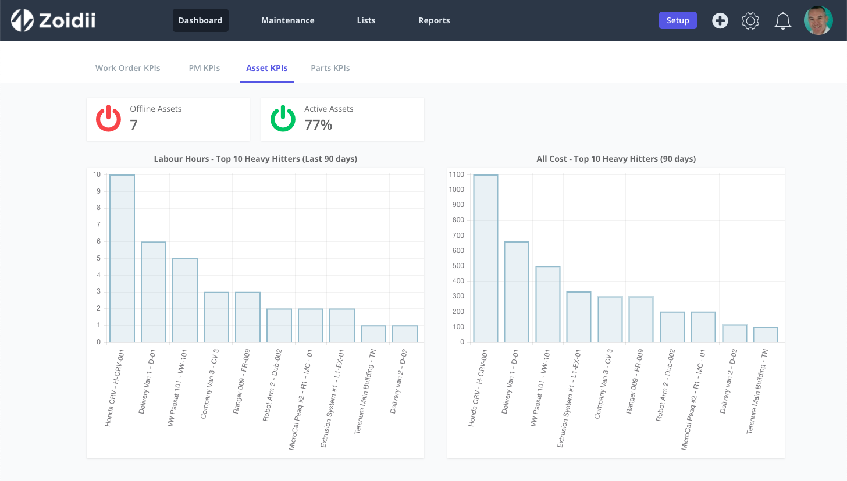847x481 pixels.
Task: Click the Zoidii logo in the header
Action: [53, 20]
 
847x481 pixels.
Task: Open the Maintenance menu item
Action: [288, 20]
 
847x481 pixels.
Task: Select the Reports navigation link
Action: [434, 20]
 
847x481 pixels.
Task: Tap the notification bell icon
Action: [783, 21]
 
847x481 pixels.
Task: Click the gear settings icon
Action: [750, 21]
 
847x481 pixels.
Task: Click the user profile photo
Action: [818, 20]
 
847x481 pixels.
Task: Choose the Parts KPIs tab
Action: [330, 68]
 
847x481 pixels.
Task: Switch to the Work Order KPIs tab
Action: [128, 68]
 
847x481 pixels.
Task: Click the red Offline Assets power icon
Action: [108, 118]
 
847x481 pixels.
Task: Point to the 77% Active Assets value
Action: [318, 125]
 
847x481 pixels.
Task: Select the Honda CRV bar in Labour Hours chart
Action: [122, 259]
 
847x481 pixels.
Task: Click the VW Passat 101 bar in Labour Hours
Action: [185, 301]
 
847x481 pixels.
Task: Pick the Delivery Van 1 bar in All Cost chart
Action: [517, 292]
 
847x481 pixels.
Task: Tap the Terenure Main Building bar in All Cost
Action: [766, 334]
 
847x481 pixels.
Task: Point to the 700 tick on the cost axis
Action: [458, 235]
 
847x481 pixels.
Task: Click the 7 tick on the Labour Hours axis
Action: [98, 225]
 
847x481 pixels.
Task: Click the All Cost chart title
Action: [616, 159]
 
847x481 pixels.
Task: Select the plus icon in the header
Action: [720, 20]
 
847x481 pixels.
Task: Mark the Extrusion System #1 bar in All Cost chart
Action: [578, 317]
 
